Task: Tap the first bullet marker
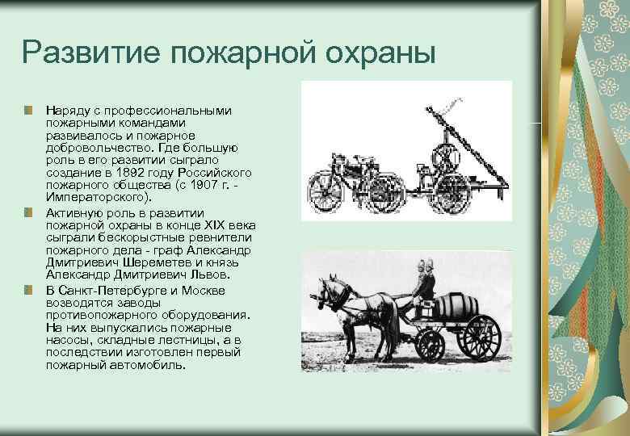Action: click(28, 109)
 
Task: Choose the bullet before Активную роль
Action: click(28, 212)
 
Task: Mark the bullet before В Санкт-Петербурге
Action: click(28, 290)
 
